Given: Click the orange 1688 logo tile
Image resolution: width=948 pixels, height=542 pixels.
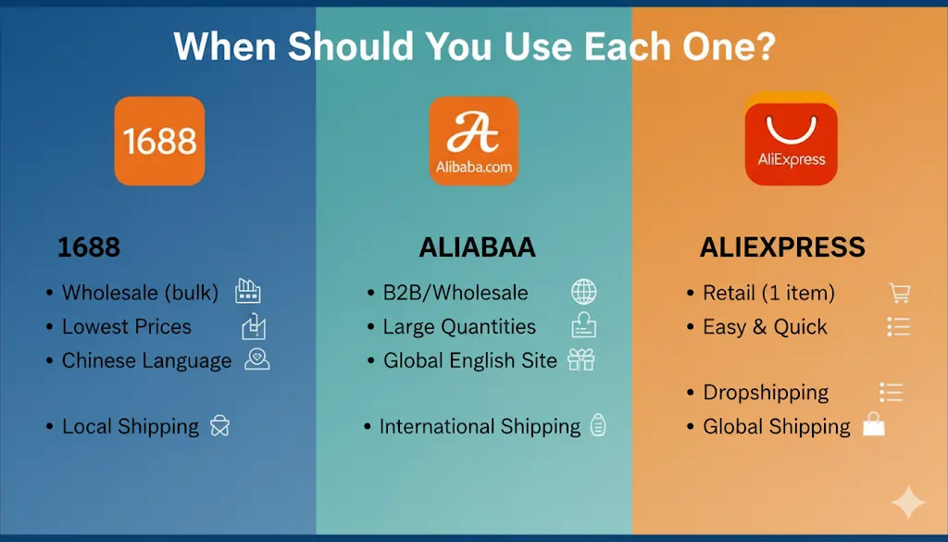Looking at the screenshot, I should tap(159, 141).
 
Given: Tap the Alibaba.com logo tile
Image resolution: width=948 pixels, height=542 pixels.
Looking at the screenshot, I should tap(473, 141).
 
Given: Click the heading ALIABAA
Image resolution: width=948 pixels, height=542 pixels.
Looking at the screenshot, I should tap(477, 248).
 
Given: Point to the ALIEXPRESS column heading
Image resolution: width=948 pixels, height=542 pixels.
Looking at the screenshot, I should tap(782, 248).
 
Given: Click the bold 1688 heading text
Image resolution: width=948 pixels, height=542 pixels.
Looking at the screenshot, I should tap(89, 248).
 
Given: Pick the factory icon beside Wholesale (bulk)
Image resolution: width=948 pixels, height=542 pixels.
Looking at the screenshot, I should tap(247, 292).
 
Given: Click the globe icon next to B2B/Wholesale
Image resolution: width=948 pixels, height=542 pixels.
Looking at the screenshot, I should tap(583, 293).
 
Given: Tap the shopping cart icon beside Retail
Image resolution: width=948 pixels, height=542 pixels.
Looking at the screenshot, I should tap(899, 293).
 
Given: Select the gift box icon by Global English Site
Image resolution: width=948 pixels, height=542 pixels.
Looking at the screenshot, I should tap(581, 360).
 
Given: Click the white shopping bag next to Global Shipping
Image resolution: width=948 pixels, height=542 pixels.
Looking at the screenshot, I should tap(873, 425).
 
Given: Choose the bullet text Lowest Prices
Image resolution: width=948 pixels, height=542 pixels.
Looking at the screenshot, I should tap(127, 327).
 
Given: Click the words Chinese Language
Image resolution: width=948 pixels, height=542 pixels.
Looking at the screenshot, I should tap(146, 361).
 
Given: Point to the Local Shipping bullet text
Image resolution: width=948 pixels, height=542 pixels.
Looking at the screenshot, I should tap(131, 427).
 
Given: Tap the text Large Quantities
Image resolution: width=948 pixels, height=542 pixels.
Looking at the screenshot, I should tap(459, 327).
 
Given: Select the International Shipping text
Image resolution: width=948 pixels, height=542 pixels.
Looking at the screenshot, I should tap(480, 427).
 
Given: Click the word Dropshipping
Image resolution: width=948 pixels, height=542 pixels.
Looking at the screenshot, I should tap(766, 393).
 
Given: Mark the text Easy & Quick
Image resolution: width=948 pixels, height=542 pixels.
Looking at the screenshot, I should tap(765, 327).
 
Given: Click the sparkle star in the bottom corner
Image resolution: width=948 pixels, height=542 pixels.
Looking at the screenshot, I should tap(907, 503).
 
